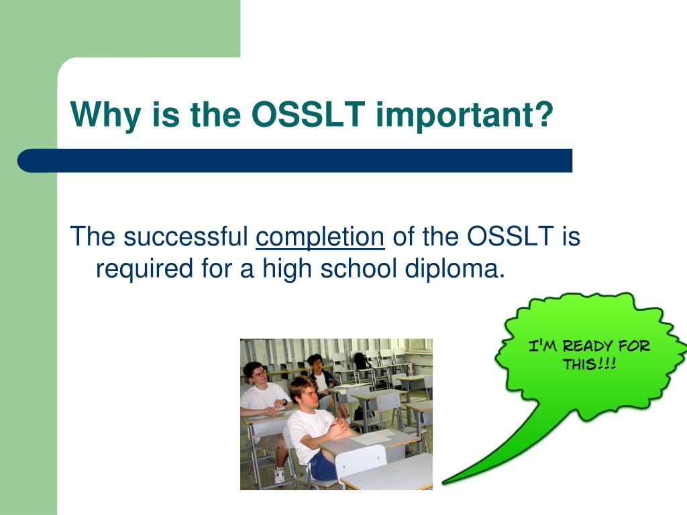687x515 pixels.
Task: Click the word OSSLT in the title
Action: tap(309, 115)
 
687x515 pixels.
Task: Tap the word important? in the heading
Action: tap(465, 115)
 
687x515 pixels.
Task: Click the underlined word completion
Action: tap(320, 237)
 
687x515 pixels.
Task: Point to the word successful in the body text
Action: tap(186, 236)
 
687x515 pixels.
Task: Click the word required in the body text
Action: tap(144, 269)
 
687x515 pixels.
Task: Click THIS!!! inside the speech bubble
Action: tap(590, 364)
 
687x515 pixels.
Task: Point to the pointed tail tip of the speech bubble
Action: tap(443, 483)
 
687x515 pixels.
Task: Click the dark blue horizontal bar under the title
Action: tap(295, 161)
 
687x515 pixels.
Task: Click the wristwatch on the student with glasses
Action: tap(284, 402)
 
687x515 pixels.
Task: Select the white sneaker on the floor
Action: tap(279, 475)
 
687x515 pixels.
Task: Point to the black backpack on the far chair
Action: tap(360, 360)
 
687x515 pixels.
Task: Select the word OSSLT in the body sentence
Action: tap(510, 236)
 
